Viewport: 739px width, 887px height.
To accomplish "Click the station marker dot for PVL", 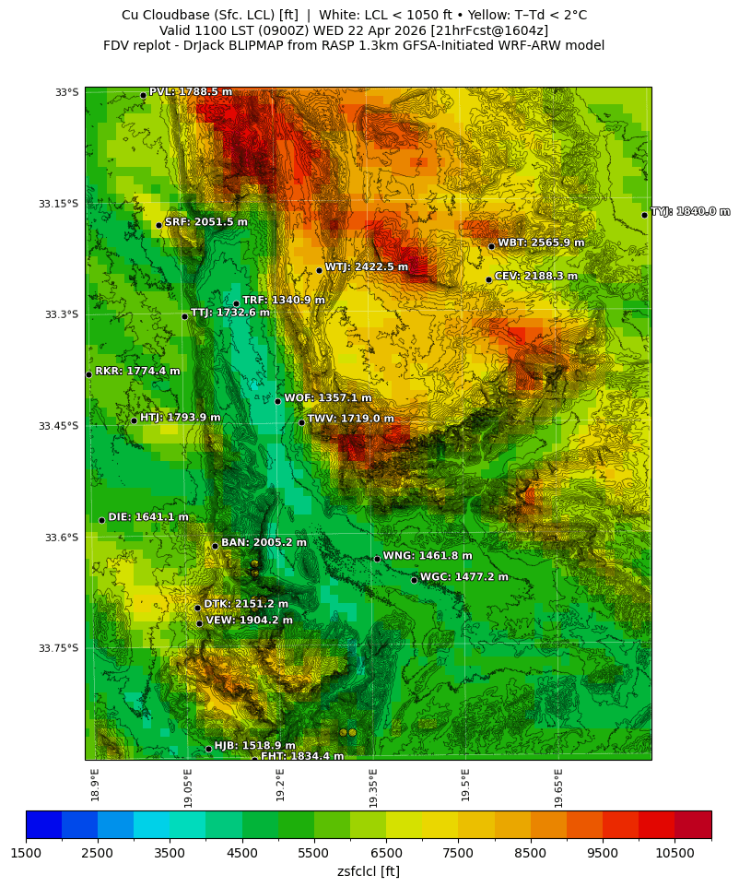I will tap(143, 95).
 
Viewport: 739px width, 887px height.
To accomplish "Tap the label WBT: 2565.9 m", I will tap(541, 242).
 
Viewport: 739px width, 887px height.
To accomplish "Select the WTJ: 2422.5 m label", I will tap(366, 266).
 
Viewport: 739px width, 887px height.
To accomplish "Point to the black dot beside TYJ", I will tap(644, 215).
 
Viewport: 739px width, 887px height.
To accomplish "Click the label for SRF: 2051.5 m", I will tap(205, 221).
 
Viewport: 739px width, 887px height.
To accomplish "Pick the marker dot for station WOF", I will tap(277, 401).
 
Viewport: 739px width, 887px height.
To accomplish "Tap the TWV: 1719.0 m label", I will tap(350, 419).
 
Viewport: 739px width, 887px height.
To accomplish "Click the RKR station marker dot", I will tap(88, 374).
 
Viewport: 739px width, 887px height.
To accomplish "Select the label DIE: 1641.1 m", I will tap(147, 517).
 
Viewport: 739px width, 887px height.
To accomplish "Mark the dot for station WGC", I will tap(414, 580).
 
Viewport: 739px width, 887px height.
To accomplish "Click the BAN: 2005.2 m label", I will tap(264, 542).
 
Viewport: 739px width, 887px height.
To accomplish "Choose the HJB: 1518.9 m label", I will tap(254, 745).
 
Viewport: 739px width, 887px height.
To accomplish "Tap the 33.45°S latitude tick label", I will tap(58, 426).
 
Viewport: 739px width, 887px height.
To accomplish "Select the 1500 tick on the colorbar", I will tap(26, 854).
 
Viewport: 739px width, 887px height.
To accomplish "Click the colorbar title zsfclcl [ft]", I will tap(368, 871).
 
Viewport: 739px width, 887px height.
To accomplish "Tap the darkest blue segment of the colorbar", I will tap(43, 824).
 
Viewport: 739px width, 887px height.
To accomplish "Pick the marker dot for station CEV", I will tap(488, 279).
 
